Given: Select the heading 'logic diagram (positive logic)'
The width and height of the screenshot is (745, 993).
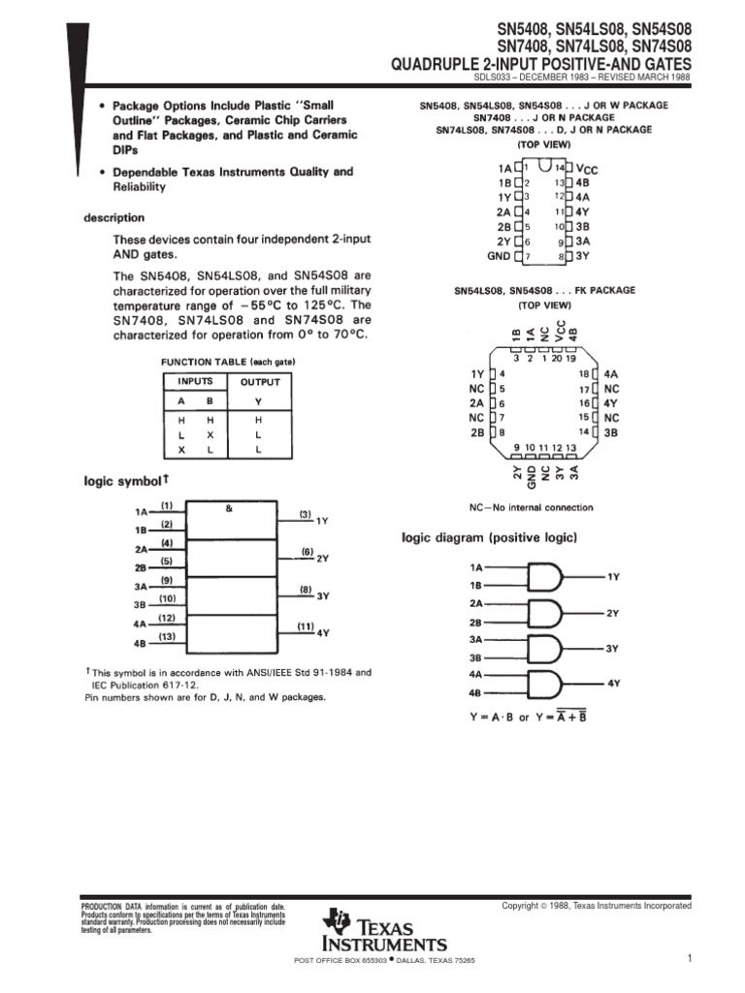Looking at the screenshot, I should tap(490, 537).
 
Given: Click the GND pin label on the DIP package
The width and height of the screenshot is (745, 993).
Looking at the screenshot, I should tap(498, 256).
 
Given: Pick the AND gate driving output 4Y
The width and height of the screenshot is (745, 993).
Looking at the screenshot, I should tap(546, 684).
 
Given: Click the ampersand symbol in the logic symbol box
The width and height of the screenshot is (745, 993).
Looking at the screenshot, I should tap(229, 507).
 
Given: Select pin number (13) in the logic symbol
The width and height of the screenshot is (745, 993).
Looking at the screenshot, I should tap(167, 636).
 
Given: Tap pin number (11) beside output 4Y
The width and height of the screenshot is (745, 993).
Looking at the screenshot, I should tap(305, 626).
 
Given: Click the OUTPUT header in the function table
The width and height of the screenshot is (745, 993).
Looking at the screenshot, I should tap(259, 382).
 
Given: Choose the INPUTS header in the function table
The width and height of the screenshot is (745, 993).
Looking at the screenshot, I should tap(194, 382).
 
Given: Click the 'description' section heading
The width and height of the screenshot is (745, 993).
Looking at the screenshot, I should tap(113, 218).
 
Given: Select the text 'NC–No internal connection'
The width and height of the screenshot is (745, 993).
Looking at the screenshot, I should tap(531, 507).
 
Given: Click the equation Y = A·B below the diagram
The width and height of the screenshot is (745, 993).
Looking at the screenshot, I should tap(494, 718).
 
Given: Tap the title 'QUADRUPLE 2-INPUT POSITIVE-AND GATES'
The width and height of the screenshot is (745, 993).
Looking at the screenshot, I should tap(541, 64).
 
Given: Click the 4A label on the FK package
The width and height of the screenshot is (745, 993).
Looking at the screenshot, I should tap(610, 372).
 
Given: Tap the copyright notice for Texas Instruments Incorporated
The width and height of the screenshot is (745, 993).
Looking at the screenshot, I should tap(596, 906).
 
